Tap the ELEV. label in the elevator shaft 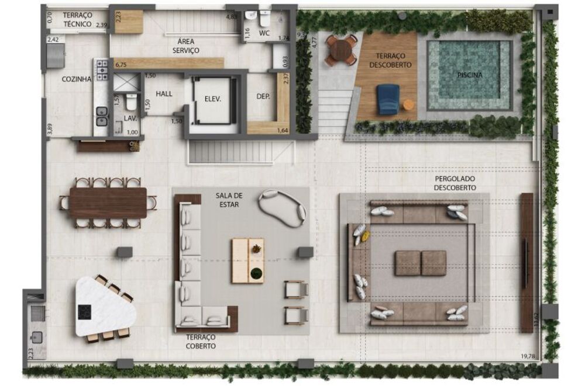[x=212, y=99]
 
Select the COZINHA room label [x=77, y=79]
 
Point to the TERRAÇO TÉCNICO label [x=77, y=19]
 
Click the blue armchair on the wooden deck [x=388, y=99]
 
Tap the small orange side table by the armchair [x=408, y=105]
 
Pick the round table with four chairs [x=341, y=50]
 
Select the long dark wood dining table [x=108, y=203]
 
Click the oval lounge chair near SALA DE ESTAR [x=283, y=207]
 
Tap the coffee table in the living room [x=247, y=260]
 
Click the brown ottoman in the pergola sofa [x=420, y=263]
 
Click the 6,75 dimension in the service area [x=121, y=65]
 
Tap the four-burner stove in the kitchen [x=102, y=69]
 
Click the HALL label [x=164, y=93]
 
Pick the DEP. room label [x=263, y=97]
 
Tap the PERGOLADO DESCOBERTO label [x=455, y=183]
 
